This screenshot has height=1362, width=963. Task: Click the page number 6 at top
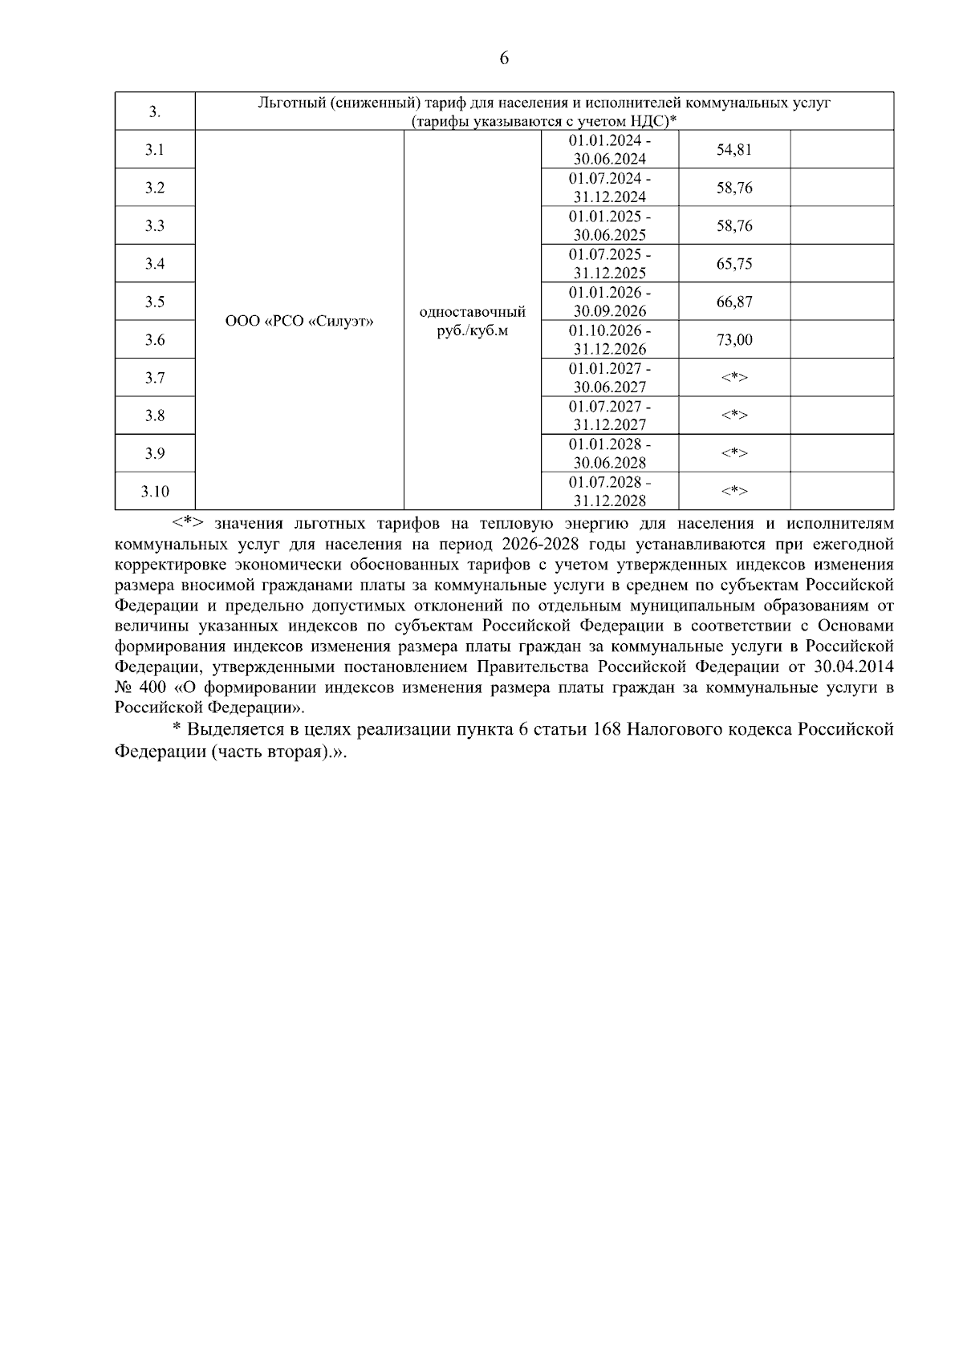tap(504, 59)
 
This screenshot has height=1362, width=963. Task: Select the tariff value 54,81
tap(733, 150)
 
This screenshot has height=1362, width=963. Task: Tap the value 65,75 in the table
tap(733, 264)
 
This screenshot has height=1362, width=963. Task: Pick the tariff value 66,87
tap(733, 302)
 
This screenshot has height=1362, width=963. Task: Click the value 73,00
tap(733, 340)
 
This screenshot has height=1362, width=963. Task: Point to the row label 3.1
tap(155, 150)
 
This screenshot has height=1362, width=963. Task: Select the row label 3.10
tap(155, 492)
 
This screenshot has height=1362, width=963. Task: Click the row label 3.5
tap(155, 302)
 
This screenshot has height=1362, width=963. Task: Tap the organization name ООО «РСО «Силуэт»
tap(299, 322)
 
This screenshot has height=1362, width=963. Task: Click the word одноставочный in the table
tap(473, 312)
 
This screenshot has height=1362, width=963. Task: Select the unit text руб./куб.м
tap(473, 330)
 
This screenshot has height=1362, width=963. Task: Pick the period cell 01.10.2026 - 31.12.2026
tap(610, 340)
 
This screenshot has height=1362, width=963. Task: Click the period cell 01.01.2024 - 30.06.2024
tap(610, 150)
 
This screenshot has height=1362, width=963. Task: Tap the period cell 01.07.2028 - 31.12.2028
tap(610, 492)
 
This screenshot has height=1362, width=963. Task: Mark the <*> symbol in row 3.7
tap(733, 378)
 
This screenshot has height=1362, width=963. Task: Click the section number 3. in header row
tap(155, 112)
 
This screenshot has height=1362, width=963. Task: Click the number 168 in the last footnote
tap(608, 730)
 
